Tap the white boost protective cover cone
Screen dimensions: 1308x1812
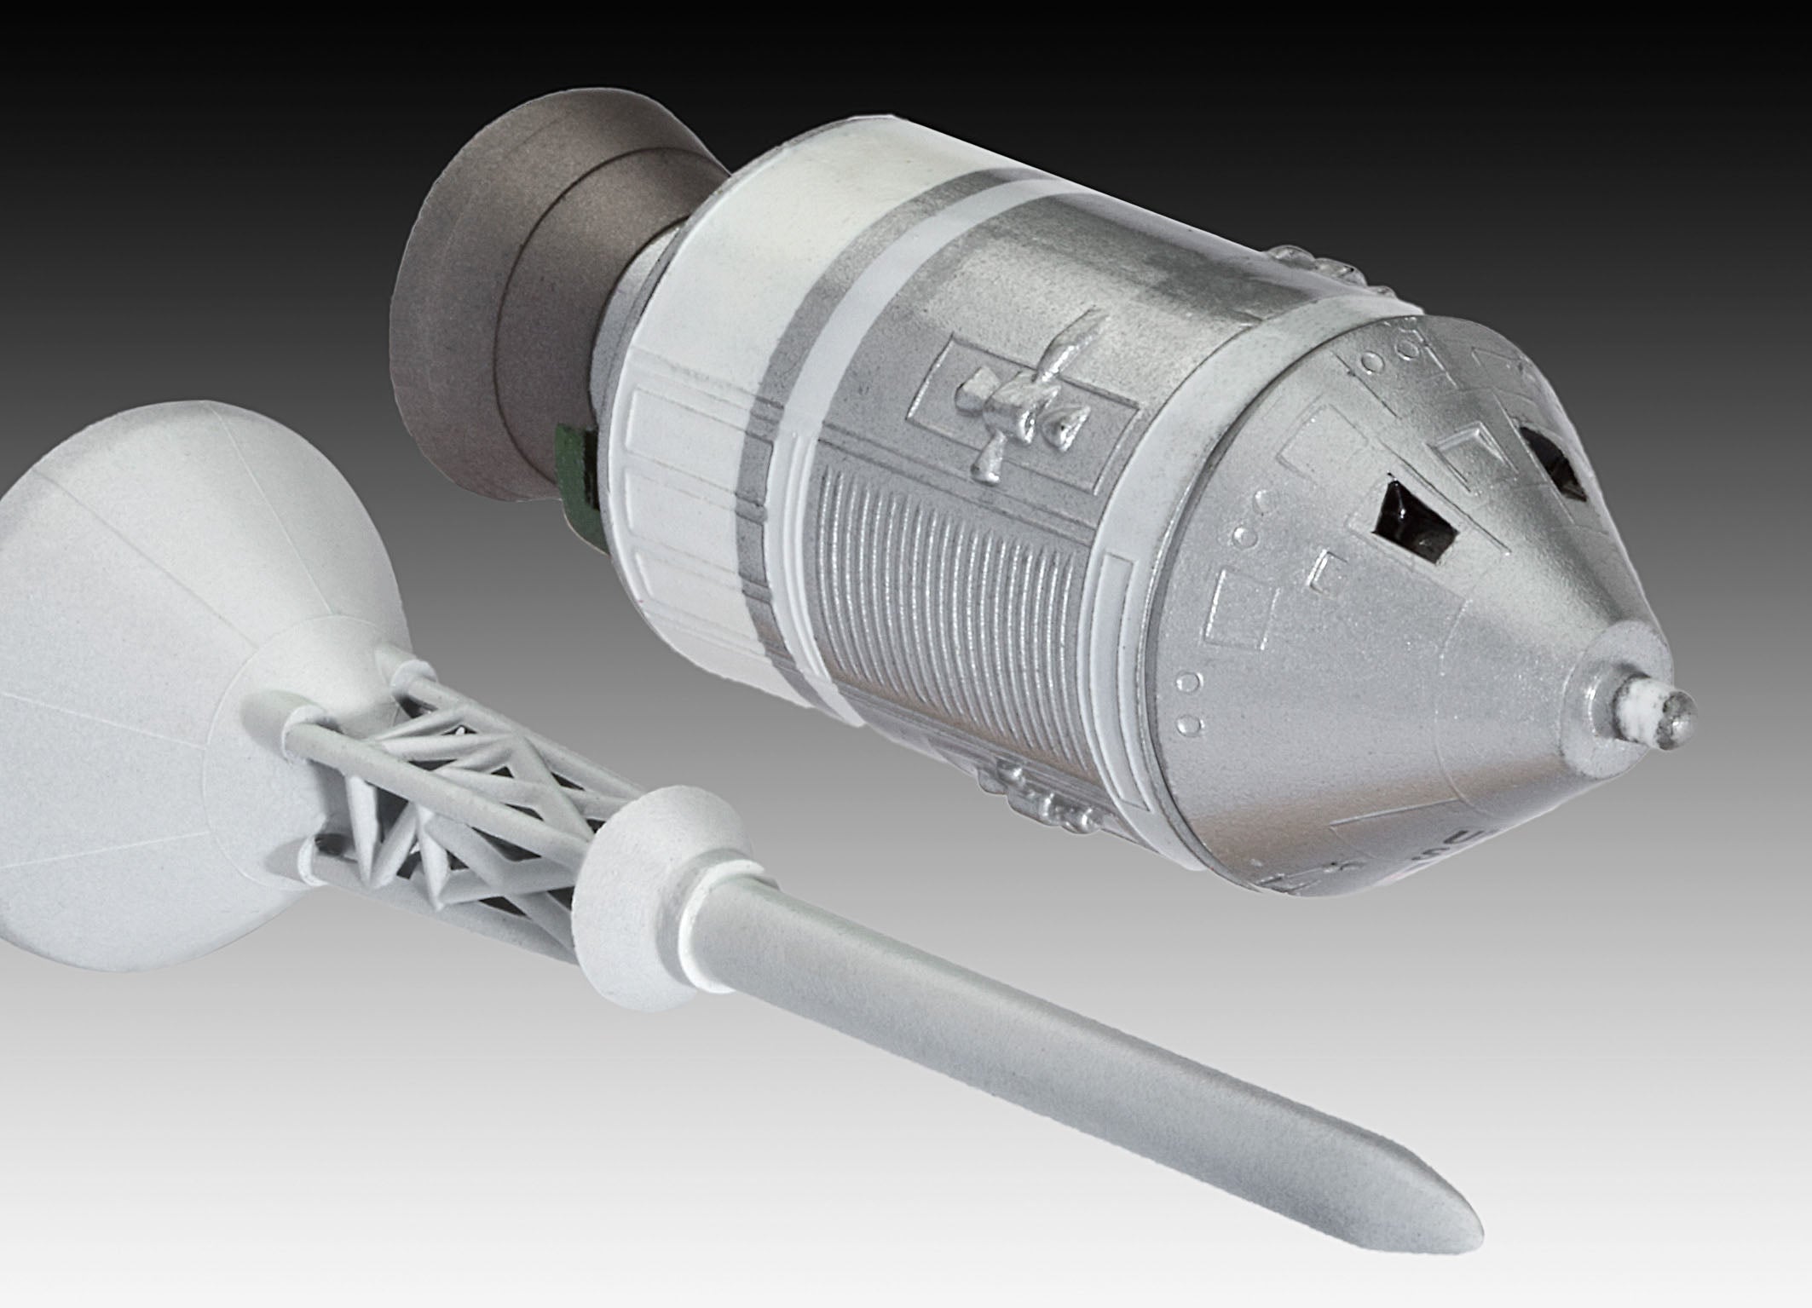pyautogui.click(x=153, y=596)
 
